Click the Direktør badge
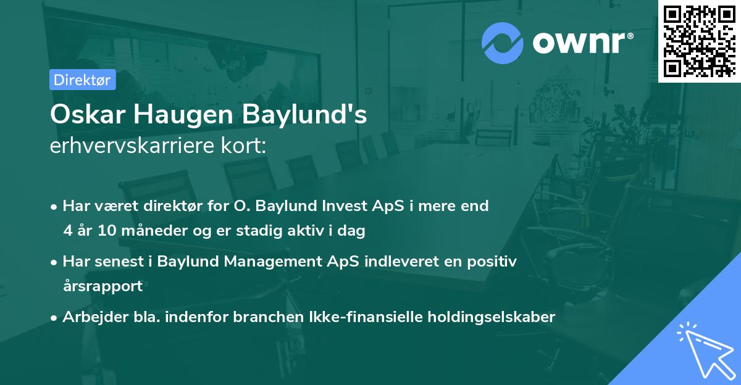[83, 80]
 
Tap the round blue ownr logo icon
[503, 43]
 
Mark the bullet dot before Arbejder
[55, 318]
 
